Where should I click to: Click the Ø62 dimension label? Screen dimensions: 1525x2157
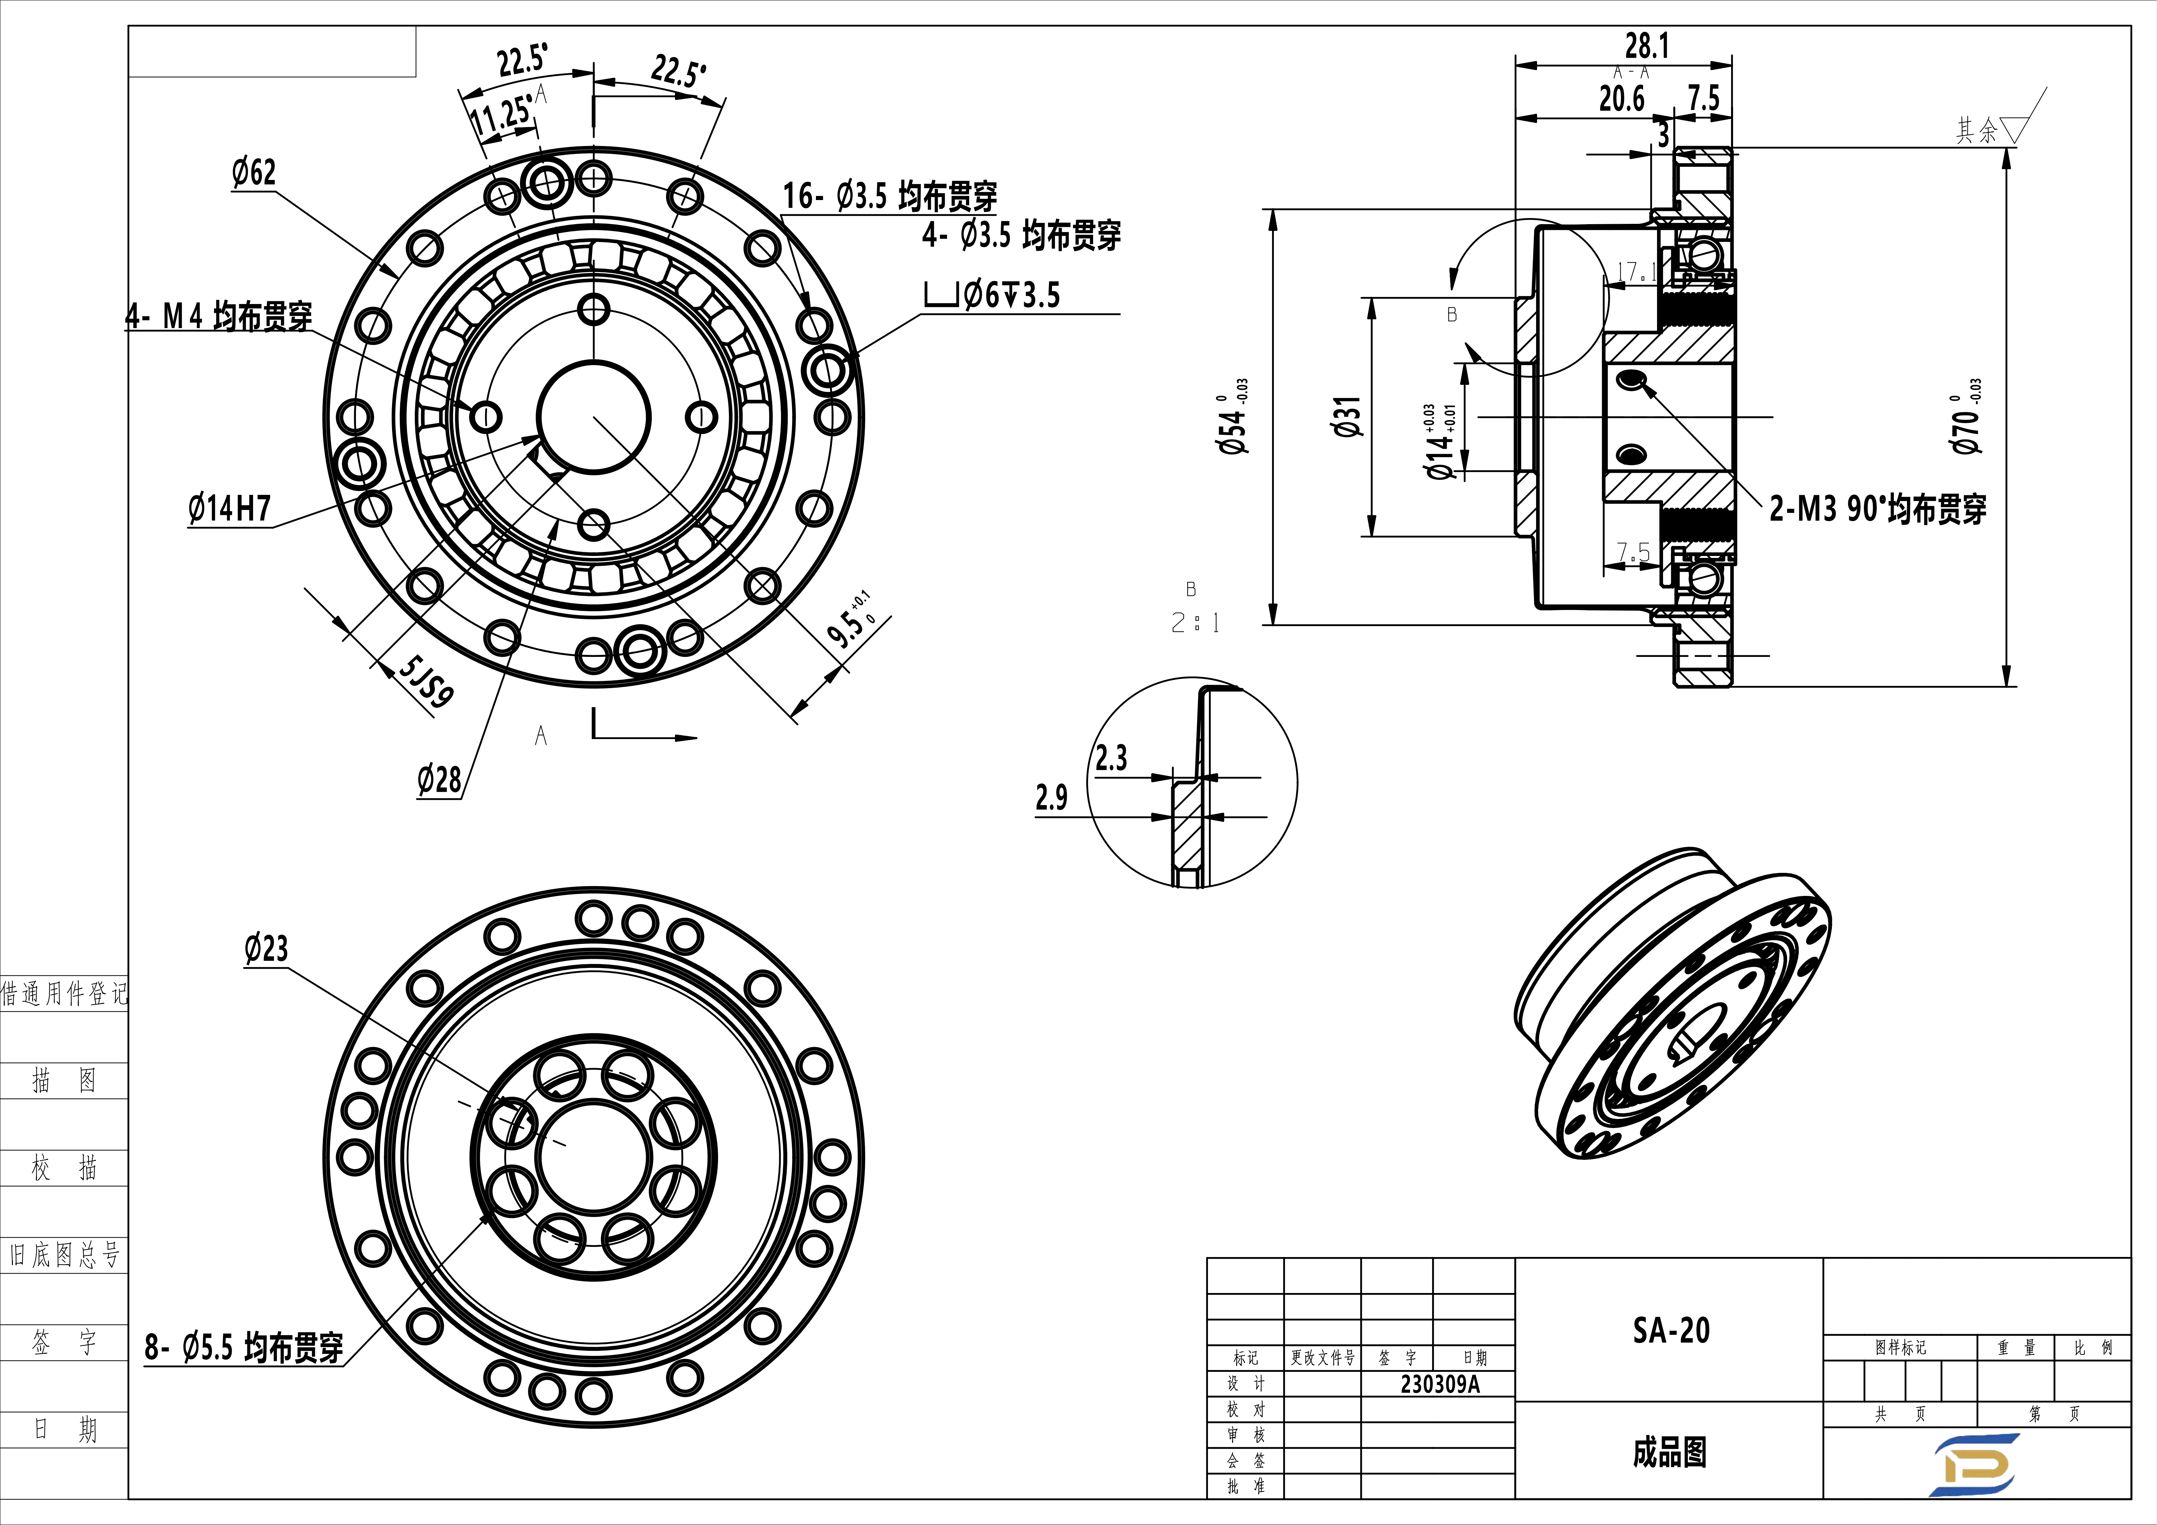(254, 173)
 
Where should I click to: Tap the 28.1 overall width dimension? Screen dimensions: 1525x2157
(1647, 45)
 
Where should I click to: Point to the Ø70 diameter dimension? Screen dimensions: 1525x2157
(1966, 428)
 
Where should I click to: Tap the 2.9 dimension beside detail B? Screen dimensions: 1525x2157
(1051, 798)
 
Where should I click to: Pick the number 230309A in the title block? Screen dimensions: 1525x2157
(1439, 1384)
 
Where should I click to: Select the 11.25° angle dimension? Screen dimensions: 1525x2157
(501, 116)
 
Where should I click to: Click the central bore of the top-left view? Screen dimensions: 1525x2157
(594, 416)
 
